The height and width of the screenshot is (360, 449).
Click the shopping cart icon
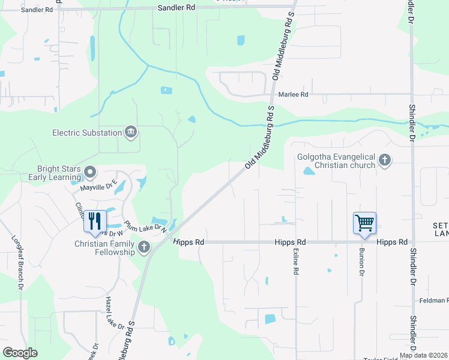(x=364, y=223)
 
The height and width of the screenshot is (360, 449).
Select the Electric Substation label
(x=86, y=133)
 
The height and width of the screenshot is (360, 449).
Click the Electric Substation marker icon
(x=130, y=132)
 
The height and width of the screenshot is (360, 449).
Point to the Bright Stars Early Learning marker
(x=90, y=173)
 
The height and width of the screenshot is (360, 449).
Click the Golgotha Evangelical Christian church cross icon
(x=385, y=161)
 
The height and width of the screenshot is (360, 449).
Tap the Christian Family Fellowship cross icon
(x=143, y=247)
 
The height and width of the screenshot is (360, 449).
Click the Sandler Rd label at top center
(x=176, y=8)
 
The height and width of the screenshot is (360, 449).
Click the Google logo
(x=20, y=353)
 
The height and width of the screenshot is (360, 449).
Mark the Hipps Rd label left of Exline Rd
(x=290, y=242)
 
